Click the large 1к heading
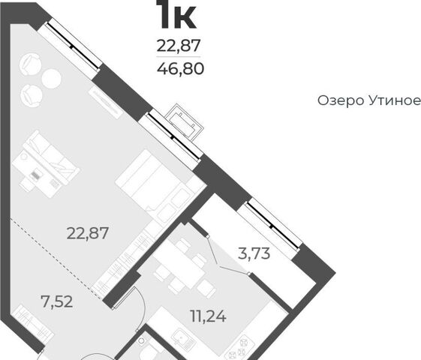[178, 14]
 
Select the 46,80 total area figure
[180, 69]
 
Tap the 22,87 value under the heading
[179, 46]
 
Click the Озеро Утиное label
[369, 100]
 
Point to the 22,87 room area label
[88, 232]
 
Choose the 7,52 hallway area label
[56, 301]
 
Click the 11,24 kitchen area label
[208, 316]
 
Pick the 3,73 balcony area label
[254, 253]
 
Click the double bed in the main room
[156, 185]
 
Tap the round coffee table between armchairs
[52, 79]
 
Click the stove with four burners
[240, 348]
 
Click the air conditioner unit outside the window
[184, 121]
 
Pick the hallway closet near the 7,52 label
[34, 321]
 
